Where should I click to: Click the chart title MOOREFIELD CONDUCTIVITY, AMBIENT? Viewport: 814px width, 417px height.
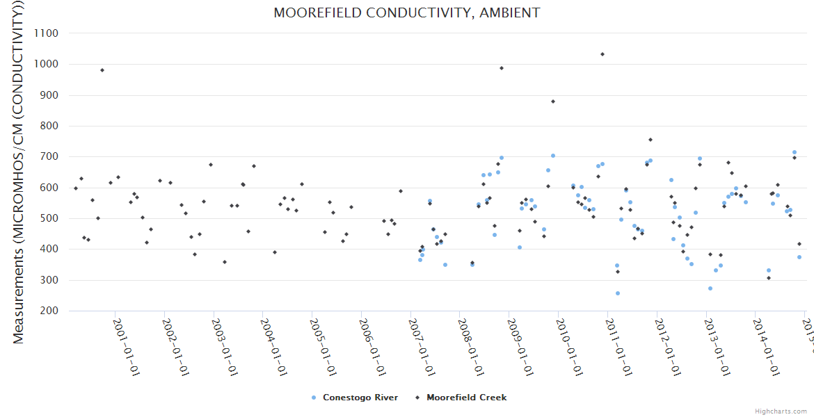[406, 13]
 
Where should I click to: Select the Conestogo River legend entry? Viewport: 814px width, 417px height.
[356, 398]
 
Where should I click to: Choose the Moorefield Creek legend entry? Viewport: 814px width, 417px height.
[461, 398]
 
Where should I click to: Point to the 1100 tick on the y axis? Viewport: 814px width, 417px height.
[45, 33]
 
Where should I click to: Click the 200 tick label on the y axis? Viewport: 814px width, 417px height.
[47, 311]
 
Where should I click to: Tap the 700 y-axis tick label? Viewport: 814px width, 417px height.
[47, 156]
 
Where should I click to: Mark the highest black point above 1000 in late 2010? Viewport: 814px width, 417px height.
[602, 54]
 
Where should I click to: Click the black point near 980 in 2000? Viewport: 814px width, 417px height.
[102, 70]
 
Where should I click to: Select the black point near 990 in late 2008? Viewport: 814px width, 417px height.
[502, 68]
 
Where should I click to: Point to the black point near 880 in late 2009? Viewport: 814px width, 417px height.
[553, 101]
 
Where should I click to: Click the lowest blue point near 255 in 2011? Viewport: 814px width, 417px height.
[618, 293]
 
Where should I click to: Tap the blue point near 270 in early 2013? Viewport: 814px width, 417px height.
[710, 288]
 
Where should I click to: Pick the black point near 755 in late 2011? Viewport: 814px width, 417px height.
[651, 140]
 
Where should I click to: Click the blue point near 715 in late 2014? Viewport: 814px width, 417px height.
[795, 152]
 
